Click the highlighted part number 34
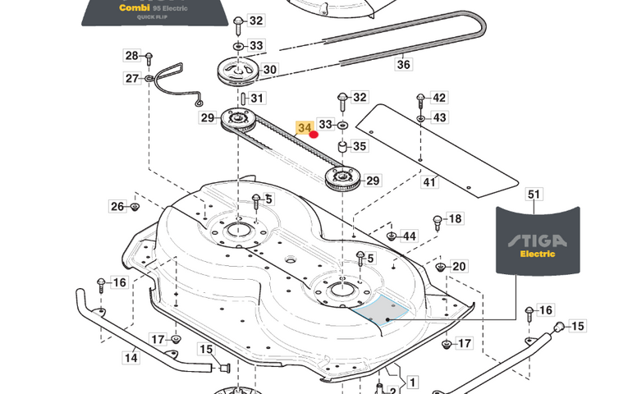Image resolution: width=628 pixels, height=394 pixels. pos(305,128)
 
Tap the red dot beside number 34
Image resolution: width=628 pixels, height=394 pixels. pos(314,135)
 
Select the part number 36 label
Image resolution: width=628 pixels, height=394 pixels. pos(403,64)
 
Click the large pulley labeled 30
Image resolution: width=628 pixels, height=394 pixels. pos(239,72)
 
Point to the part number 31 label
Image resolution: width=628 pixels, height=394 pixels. pos(258,98)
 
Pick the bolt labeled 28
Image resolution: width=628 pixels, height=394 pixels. pos(149,58)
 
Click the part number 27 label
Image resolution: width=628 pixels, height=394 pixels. pos(132,78)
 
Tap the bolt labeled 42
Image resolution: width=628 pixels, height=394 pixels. pos(420,99)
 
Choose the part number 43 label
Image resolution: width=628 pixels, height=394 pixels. pos(440,117)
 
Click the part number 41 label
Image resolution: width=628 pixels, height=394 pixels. pos(429,181)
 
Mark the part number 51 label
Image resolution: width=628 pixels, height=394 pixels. pos(534,195)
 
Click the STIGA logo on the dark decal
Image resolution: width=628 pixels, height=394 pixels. pos(534,240)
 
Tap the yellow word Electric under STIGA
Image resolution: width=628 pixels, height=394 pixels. pos(537,254)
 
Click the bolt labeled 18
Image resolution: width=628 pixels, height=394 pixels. pos(438,221)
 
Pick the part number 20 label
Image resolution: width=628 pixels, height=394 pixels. pos(459,266)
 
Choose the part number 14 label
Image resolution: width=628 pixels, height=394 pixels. pos(131,358)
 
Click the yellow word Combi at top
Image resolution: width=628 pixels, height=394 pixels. pos(135,8)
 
